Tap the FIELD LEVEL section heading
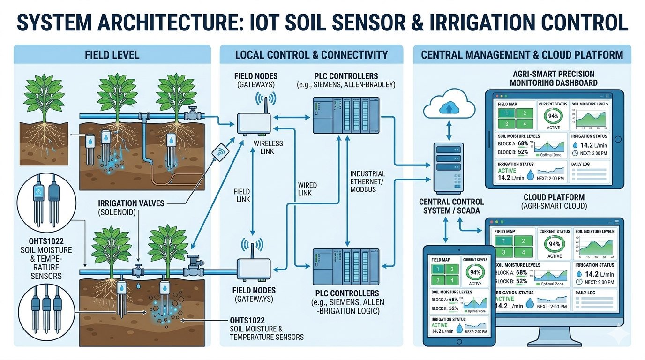pos(112,55)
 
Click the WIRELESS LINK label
pos(268,147)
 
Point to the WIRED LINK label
pos(307,189)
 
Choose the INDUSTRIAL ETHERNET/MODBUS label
pos(368,181)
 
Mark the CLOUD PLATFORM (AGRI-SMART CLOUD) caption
pos(554,202)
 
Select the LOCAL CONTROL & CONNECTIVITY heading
pos(311,55)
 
